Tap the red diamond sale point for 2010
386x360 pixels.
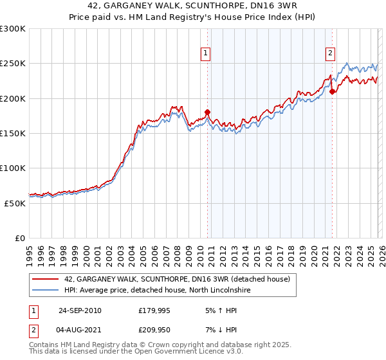pyautogui.click(x=208, y=113)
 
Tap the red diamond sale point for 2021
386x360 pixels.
pyautogui.click(x=332, y=92)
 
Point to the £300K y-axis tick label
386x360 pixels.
pyautogui.click(x=12, y=29)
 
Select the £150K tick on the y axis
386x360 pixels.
pyautogui.click(x=12, y=133)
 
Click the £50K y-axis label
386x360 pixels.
pyautogui.click(x=15, y=203)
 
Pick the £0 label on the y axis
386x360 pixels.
pyautogui.click(x=20, y=238)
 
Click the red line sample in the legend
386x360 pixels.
pyautogui.click(x=44, y=280)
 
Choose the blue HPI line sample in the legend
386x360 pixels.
pyautogui.click(x=44, y=291)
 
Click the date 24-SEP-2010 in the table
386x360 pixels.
pyautogui.click(x=80, y=310)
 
